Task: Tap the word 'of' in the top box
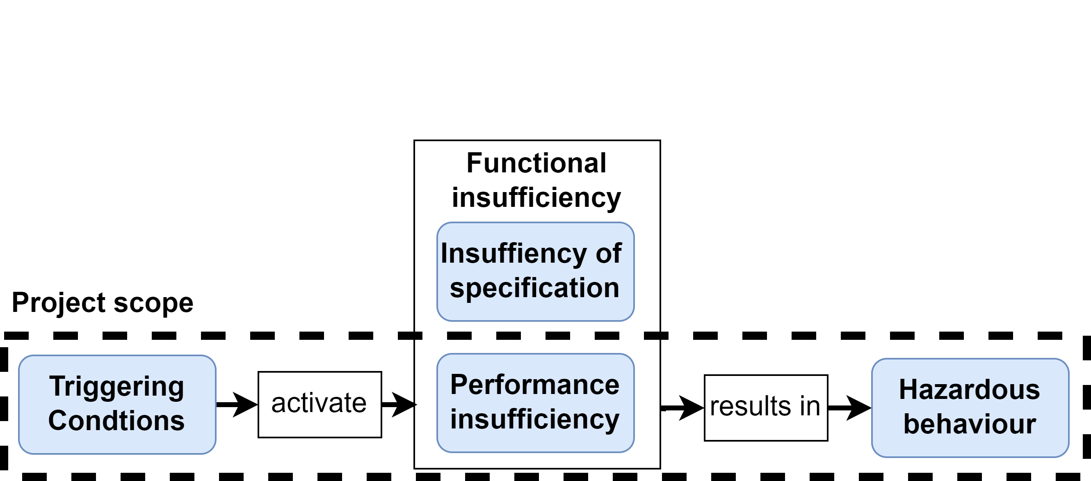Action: point(609,253)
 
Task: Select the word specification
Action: point(534,288)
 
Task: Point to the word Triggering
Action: point(116,387)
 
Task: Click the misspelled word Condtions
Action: point(116,421)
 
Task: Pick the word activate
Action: point(319,403)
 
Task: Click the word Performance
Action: point(534,385)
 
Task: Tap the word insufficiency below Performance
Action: point(534,419)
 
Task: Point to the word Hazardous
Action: point(970,390)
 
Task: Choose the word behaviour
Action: point(970,424)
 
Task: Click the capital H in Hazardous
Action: point(908,390)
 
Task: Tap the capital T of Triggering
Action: point(57,386)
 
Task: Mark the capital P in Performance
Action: point(459,385)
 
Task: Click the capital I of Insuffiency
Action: point(444,253)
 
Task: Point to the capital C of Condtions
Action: point(57,421)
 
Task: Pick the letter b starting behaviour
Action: point(911,424)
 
